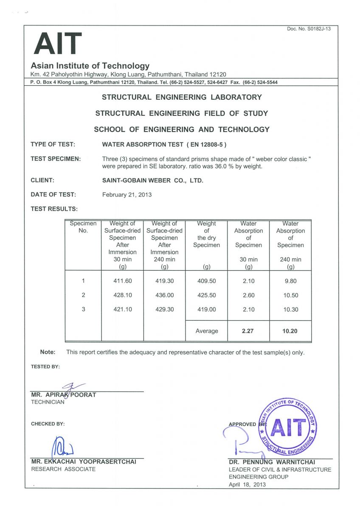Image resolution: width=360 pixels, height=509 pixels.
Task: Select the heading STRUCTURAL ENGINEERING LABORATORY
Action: pyautogui.click(x=182, y=97)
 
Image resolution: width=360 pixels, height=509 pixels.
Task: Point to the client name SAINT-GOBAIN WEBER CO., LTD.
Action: pyautogui.click(x=153, y=180)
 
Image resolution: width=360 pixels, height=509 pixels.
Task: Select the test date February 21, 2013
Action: pyautogui.click(x=127, y=195)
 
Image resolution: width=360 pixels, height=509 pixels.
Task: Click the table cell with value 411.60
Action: pyautogui.click(x=123, y=281)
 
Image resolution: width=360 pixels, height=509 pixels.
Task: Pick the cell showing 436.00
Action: pyautogui.click(x=164, y=295)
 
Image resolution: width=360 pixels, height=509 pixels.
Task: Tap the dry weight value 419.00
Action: pyautogui.click(x=207, y=310)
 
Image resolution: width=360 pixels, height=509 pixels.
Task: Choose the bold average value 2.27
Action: pyautogui.click(x=247, y=331)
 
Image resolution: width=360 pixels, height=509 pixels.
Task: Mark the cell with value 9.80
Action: pyautogui.click(x=291, y=281)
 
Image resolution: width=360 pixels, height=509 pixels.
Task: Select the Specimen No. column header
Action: pyautogui.click(x=83, y=227)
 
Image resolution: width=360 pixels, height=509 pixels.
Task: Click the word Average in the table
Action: pyautogui.click(x=207, y=331)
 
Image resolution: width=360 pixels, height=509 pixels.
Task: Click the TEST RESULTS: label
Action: pyautogui.click(x=54, y=209)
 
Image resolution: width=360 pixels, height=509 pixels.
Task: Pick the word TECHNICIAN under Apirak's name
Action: pyautogui.click(x=48, y=402)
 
